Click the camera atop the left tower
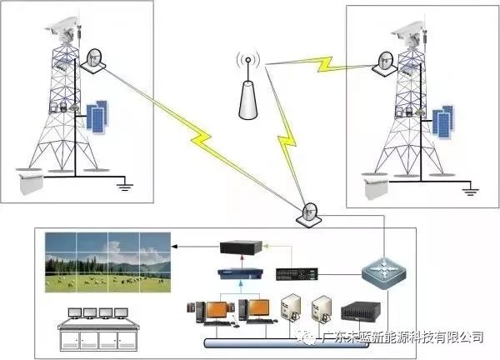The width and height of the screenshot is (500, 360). click(63, 27)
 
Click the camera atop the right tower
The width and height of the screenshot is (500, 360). click(409, 32)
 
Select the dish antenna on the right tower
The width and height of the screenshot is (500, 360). click(385, 64)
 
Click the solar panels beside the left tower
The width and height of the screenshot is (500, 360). click(97, 117)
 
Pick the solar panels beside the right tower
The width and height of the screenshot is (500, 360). click(442, 122)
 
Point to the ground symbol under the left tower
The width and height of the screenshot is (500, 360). click(124, 186)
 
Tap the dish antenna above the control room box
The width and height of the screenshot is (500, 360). click(308, 215)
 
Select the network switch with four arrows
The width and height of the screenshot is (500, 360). click(383, 273)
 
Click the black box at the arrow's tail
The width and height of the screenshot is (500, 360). click(241, 247)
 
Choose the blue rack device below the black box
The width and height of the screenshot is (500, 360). click(241, 274)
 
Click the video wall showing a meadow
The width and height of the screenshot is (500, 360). click(107, 262)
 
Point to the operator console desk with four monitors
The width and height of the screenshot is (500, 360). click(98, 329)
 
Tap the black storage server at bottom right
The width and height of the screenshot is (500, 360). click(361, 312)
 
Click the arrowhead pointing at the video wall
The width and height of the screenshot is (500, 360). click(174, 247)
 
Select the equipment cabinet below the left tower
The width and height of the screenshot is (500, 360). click(31, 183)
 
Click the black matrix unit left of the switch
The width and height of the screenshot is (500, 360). click(297, 274)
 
